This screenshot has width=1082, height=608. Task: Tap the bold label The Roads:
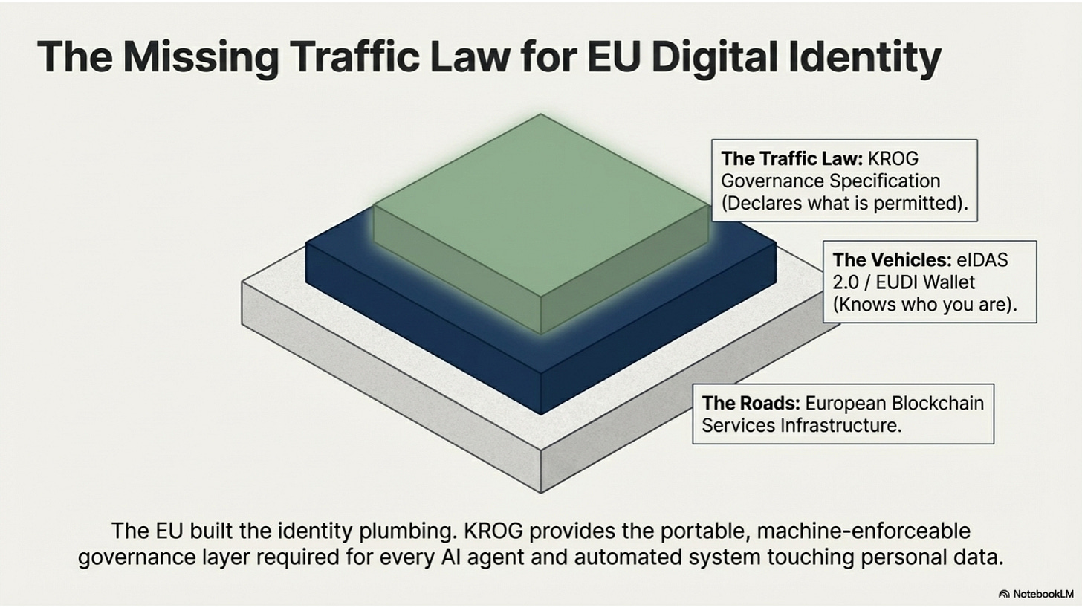point(751,403)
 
